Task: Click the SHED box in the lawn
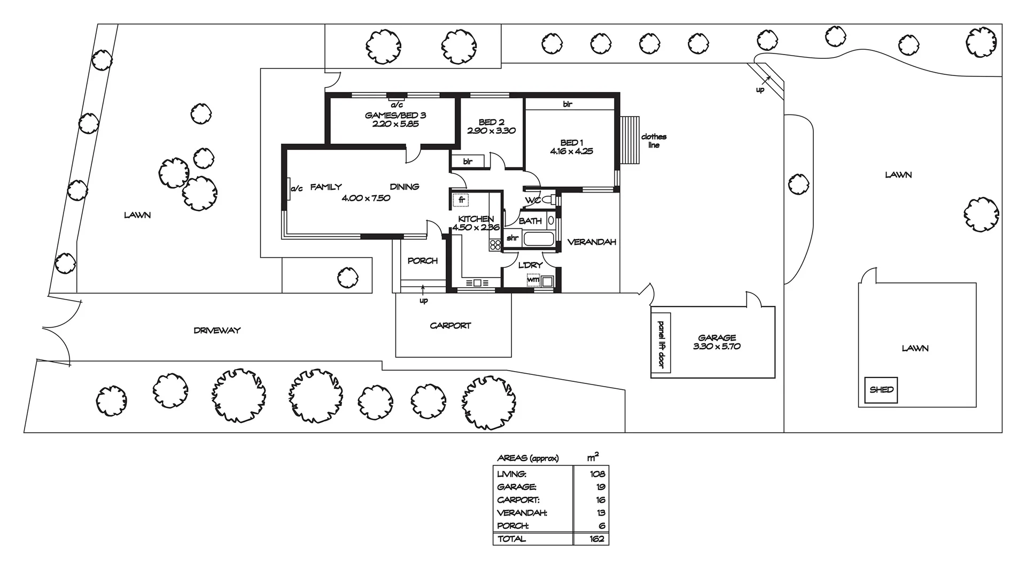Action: click(x=881, y=390)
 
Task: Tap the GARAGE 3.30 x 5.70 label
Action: click(x=717, y=342)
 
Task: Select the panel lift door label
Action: click(x=661, y=344)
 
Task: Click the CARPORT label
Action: click(x=450, y=325)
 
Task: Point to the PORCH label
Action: click(x=422, y=261)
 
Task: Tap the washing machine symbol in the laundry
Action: click(x=533, y=280)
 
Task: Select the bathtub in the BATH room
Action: click(x=538, y=239)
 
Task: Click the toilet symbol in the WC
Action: click(x=548, y=200)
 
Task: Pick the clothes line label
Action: click(x=654, y=141)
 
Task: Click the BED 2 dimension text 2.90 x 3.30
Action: click(x=491, y=130)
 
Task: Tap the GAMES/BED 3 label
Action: click(x=395, y=115)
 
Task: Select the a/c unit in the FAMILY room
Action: click(x=289, y=188)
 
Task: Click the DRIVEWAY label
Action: click(x=217, y=330)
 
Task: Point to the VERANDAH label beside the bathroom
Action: click(x=592, y=242)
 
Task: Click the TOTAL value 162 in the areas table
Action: click(x=596, y=539)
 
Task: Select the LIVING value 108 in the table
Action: click(x=597, y=474)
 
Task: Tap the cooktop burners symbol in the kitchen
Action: click(x=495, y=245)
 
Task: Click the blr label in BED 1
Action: click(x=568, y=104)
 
